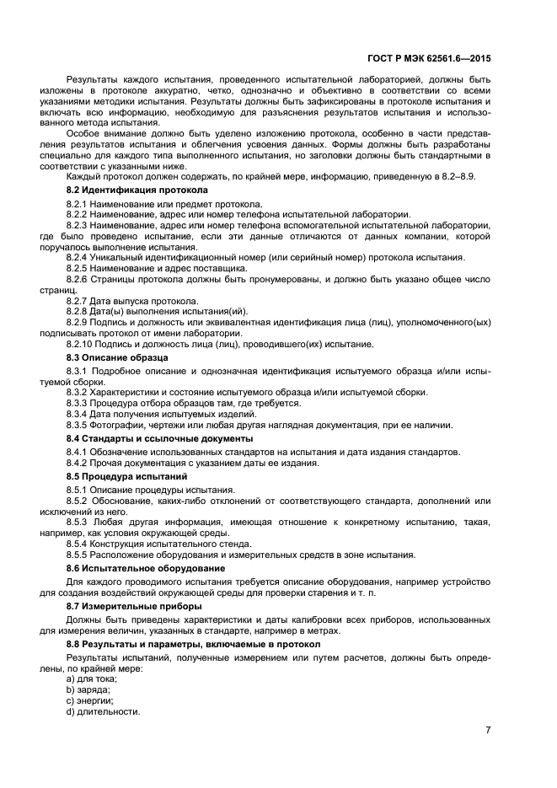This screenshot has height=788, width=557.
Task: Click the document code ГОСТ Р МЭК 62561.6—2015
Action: [x=429, y=59]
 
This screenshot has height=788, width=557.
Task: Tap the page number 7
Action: [x=488, y=730]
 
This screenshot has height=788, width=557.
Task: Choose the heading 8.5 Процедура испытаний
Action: [x=115, y=476]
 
